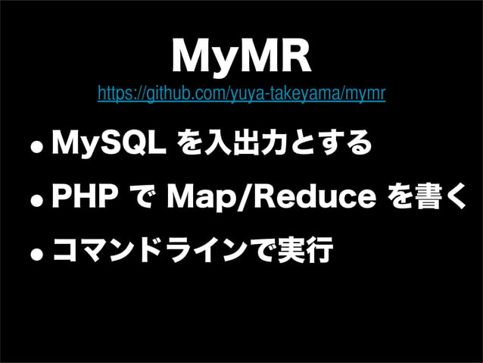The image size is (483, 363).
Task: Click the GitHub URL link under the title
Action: tap(241, 95)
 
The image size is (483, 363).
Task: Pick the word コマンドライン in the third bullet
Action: tap(145, 251)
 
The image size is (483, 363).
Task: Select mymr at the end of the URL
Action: tap(369, 95)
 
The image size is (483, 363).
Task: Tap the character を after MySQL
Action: tap(189, 142)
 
